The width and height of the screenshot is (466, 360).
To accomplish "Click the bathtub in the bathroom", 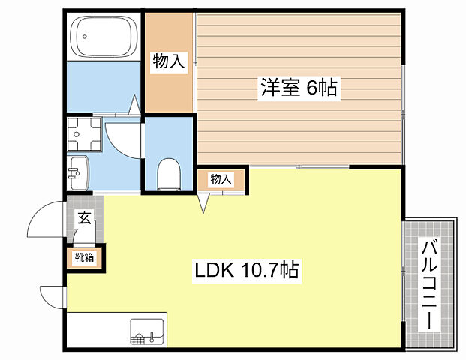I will pyautogui.click(x=104, y=35).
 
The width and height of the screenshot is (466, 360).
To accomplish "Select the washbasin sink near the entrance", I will pyautogui.click(x=77, y=174).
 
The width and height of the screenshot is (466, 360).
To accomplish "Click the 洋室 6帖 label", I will pyautogui.click(x=298, y=88).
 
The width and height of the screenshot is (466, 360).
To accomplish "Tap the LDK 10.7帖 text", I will pyautogui.click(x=248, y=269).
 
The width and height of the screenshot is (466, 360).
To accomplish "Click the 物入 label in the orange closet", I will pyautogui.click(x=169, y=61).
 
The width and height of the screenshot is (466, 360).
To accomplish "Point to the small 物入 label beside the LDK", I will pyautogui.click(x=219, y=179).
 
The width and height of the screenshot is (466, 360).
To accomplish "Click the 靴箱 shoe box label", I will pyautogui.click(x=84, y=258).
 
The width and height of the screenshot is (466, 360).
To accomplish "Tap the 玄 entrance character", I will pyautogui.click(x=84, y=219).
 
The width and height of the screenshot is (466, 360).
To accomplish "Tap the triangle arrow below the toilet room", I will pyautogui.click(x=203, y=202).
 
